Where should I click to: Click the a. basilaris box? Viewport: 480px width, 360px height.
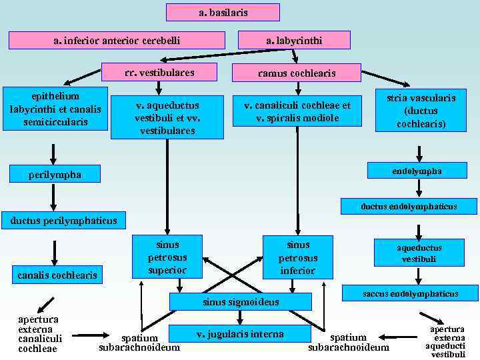pyautogui.click(x=223, y=13)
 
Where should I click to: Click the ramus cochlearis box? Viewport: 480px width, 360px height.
pyautogui.click(x=296, y=73)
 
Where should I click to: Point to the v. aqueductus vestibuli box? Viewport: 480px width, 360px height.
pyautogui.click(x=167, y=117)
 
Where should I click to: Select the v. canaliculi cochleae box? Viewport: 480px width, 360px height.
pyautogui.click(x=297, y=111)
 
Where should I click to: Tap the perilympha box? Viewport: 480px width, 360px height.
pyautogui.click(x=55, y=174)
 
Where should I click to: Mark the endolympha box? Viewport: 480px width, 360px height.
pyautogui.click(x=418, y=172)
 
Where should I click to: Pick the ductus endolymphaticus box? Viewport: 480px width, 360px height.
pyautogui.click(x=409, y=207)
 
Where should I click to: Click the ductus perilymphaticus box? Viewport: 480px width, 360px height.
pyautogui.click(x=59, y=221)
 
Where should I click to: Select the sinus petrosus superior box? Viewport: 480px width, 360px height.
pyautogui.click(x=167, y=257)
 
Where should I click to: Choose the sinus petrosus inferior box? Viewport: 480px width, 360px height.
pyautogui.click(x=297, y=257)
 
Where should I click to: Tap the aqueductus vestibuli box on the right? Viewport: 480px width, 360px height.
pyautogui.click(x=418, y=253)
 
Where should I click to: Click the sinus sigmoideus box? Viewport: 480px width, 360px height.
pyautogui.click(x=241, y=303)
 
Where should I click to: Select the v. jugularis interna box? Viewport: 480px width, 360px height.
pyautogui.click(x=240, y=334)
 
